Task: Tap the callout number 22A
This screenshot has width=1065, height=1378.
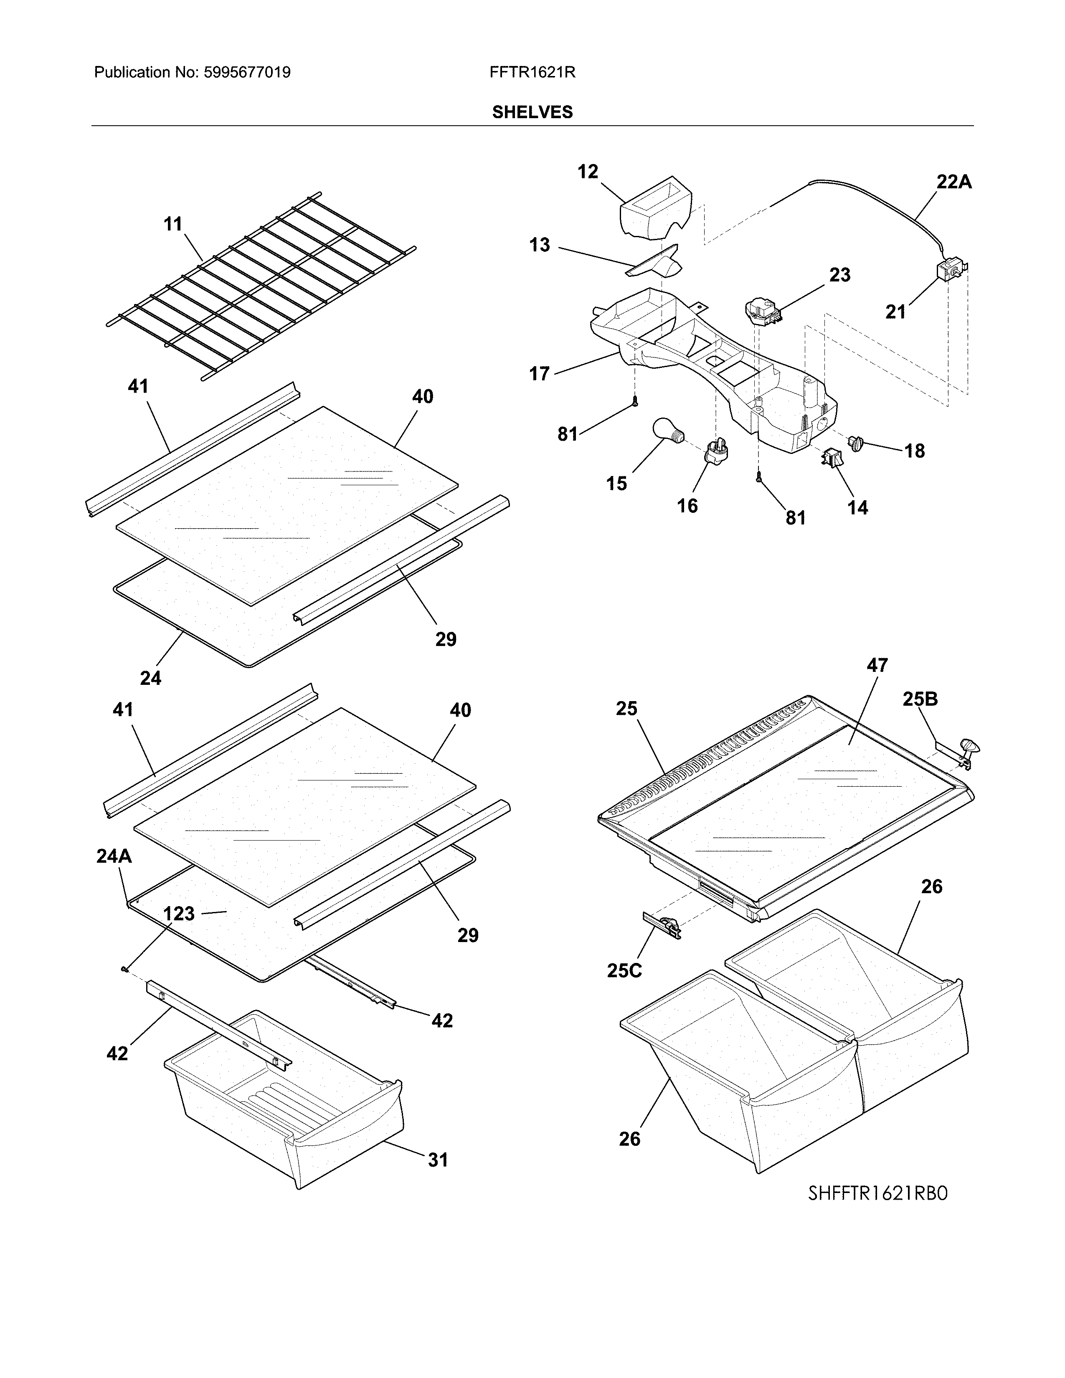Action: [953, 182]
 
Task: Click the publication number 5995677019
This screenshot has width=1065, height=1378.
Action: [247, 73]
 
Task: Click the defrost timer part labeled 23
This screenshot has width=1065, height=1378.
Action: [763, 310]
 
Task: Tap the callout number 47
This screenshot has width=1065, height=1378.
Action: [877, 665]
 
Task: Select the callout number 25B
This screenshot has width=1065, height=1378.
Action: [920, 699]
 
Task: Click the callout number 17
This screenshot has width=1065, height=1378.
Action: [540, 374]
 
